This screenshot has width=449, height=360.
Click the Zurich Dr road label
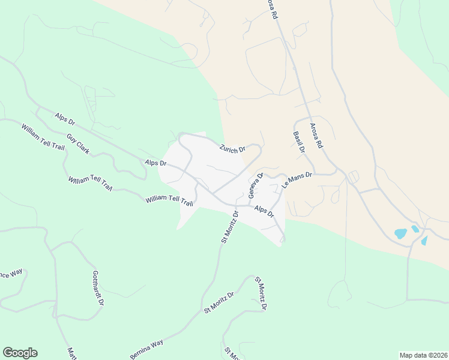(x=232, y=149)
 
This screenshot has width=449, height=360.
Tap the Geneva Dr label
(x=256, y=185)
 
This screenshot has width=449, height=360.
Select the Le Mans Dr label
(x=298, y=180)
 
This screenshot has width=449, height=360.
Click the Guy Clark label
(x=78, y=144)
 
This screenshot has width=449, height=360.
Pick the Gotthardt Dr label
(x=98, y=287)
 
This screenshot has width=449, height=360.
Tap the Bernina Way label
(x=146, y=349)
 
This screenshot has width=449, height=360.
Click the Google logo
(x=20, y=353)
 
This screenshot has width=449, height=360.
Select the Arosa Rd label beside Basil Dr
(x=316, y=136)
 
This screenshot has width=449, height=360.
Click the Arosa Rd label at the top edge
(x=273, y=7)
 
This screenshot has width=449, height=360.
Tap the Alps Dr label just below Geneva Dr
(x=264, y=212)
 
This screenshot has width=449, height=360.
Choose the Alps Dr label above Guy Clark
(x=64, y=117)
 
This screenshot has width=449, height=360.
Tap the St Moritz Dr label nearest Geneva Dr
(x=229, y=226)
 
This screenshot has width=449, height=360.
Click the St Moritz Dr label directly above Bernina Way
(x=218, y=302)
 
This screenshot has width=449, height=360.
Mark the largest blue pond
(x=401, y=233)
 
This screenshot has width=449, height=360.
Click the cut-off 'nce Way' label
(x=11, y=274)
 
